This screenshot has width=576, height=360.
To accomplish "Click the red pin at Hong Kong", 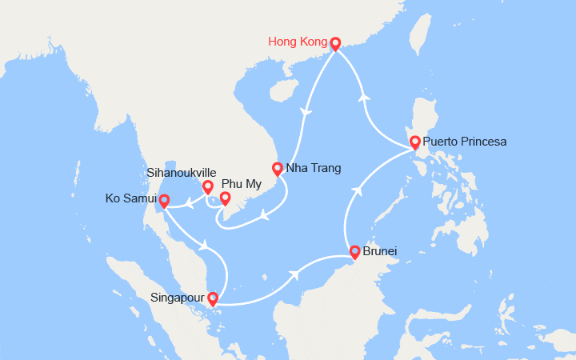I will point(335,44).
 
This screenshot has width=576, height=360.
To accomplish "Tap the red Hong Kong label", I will point(298,42).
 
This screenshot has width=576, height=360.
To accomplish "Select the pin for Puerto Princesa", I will point(415,142).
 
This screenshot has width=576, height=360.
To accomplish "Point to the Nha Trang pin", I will point(278,169).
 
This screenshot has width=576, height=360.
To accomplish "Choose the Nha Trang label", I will point(314,169).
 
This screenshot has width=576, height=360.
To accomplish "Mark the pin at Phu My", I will point(226,198).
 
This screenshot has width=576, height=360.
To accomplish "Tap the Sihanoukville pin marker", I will point(207,188).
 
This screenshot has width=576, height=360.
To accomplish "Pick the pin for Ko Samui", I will point(164,200).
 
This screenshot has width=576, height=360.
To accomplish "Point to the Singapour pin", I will point(213,299).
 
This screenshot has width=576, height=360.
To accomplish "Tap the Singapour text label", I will point(178,298).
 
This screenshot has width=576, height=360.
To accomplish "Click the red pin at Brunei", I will point(354,252).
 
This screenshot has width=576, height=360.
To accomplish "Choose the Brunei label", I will point(380,252).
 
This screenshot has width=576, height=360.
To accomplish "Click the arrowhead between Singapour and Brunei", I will point(296,274).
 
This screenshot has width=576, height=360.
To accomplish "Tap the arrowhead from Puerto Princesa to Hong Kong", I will point(365,97).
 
